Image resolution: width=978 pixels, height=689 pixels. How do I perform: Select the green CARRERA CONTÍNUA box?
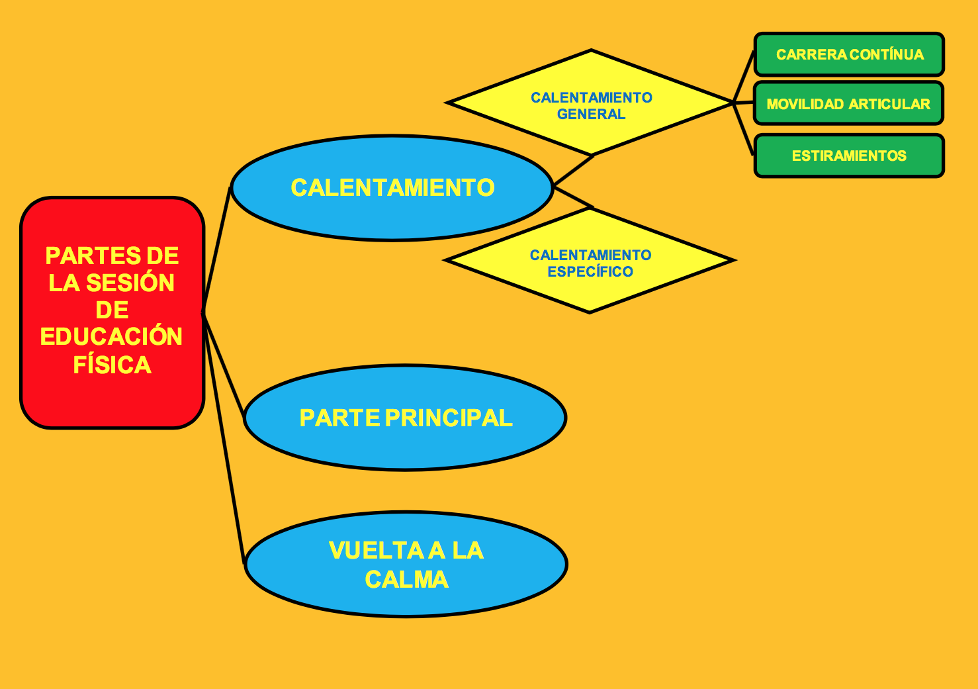[x=849, y=54]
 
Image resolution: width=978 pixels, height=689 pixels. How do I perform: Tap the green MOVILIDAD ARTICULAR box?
[x=848, y=104]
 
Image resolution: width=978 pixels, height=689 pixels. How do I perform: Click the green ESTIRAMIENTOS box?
[x=849, y=156]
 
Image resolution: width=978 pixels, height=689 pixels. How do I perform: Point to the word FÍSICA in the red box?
[x=112, y=365]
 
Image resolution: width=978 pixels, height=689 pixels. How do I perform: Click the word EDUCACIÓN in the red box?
[x=111, y=337]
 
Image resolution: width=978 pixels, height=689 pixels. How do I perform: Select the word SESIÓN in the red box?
[x=130, y=283]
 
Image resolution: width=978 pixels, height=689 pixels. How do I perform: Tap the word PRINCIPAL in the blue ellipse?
[x=449, y=418]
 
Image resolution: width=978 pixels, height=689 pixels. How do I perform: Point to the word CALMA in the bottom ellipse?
[x=406, y=580]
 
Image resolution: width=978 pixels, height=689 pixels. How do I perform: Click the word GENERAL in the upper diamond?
[x=591, y=115]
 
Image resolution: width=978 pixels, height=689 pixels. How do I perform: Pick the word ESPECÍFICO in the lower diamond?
[x=590, y=272]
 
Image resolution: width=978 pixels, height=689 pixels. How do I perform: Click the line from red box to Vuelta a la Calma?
[x=225, y=440]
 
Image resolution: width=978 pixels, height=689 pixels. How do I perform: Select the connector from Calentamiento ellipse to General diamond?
[x=573, y=170]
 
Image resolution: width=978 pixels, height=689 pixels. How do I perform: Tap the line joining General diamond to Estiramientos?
[x=744, y=129]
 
